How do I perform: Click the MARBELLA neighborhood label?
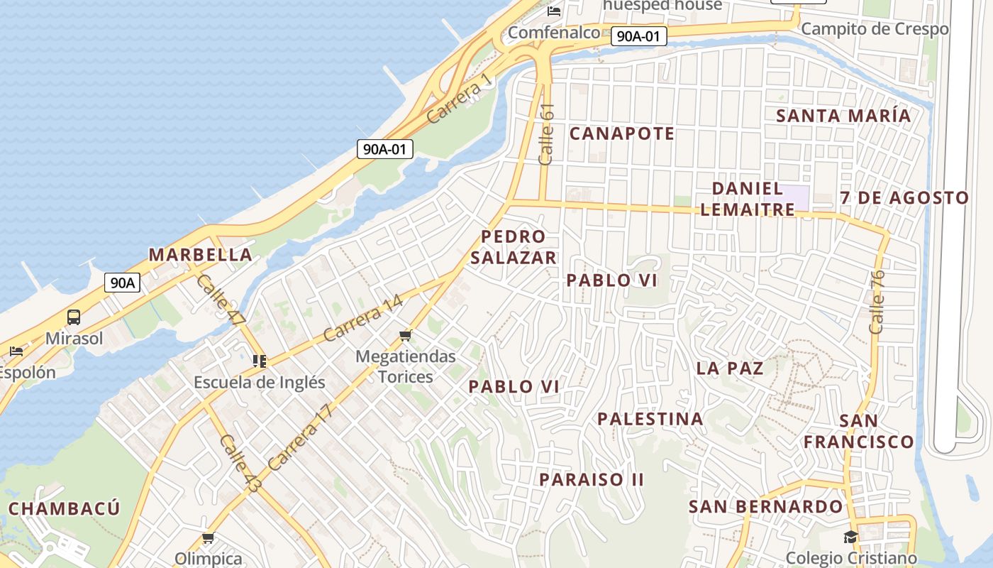200,255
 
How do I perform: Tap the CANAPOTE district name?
622,133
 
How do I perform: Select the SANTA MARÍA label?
843,116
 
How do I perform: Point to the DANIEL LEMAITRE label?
753,200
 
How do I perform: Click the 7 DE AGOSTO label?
904,198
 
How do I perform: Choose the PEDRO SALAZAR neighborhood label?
514,247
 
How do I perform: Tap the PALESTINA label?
650,419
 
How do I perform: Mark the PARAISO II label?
592,480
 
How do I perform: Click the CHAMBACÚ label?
65,509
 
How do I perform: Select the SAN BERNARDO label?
766,507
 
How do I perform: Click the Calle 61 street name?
546,134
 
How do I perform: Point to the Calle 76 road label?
877,302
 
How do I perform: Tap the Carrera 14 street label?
362,317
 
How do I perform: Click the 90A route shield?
122,283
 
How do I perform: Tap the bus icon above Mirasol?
74,317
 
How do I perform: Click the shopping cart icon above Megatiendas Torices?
406,335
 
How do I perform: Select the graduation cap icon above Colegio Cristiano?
850,537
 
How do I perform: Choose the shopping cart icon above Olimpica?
208,538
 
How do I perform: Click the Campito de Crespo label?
875,29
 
